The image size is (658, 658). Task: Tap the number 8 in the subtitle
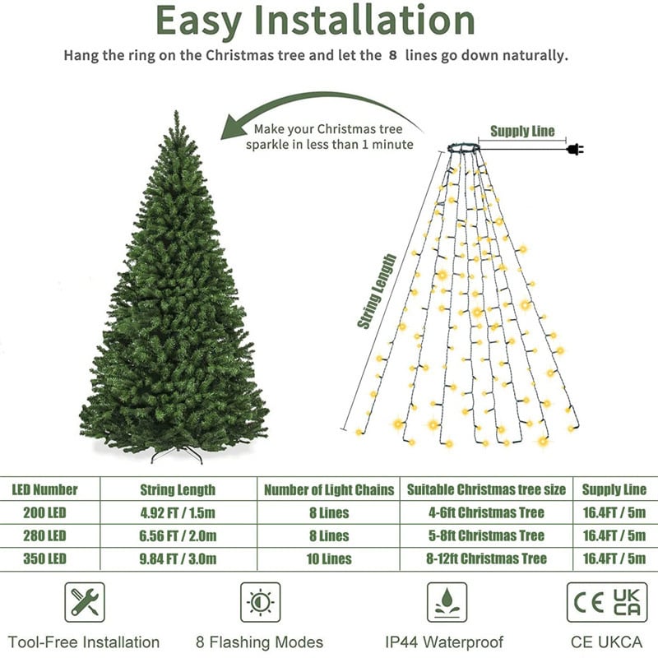[x=392, y=57]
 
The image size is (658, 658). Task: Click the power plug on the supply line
[x=575, y=149]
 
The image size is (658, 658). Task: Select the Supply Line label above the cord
[x=522, y=131]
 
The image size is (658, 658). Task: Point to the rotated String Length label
[x=378, y=291]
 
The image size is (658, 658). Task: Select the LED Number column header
[x=45, y=490]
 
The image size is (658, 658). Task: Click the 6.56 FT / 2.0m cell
[x=178, y=536]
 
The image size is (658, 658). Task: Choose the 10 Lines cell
[x=328, y=559]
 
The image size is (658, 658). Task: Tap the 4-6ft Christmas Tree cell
[x=486, y=513]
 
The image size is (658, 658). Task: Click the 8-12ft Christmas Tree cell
[x=486, y=559]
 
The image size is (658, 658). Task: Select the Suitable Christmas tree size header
[x=486, y=490]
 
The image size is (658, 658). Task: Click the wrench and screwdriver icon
[x=85, y=602]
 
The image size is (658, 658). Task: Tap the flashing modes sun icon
[x=260, y=602]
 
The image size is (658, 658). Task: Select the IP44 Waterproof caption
[x=443, y=642]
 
